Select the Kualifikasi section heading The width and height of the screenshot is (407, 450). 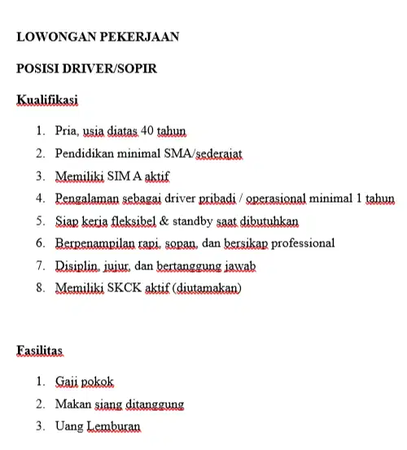point(47,101)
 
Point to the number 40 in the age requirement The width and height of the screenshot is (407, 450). point(147,130)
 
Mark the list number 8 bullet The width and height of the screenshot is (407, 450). point(41,288)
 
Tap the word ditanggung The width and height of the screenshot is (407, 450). point(155,404)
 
